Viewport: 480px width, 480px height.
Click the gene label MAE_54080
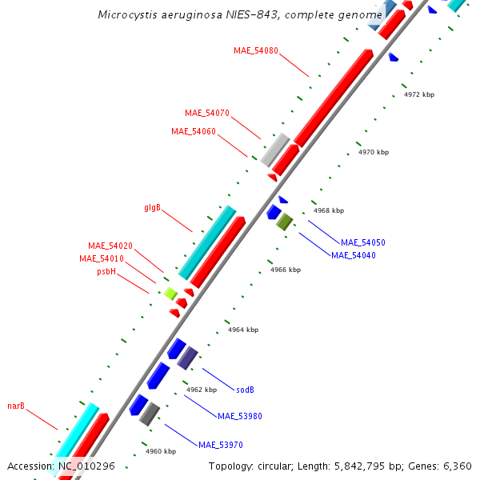256,50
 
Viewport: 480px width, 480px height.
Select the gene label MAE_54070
207,113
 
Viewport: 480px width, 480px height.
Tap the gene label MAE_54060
194,131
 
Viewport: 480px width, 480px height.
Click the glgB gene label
153,208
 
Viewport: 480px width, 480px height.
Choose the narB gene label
16,406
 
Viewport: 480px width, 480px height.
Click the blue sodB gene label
246,390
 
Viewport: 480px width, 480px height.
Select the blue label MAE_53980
240,415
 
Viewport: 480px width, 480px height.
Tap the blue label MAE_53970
221,444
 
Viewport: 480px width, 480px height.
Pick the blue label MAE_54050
363,242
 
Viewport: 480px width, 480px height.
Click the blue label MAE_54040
354,255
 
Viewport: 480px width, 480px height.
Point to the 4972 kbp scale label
419,94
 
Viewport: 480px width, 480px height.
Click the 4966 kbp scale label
286,270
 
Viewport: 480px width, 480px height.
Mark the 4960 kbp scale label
161,451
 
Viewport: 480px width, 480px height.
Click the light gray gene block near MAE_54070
275,149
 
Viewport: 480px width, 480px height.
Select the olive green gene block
285,222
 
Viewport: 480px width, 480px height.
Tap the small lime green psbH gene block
170,294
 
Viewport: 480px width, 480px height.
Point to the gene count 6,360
457,466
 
